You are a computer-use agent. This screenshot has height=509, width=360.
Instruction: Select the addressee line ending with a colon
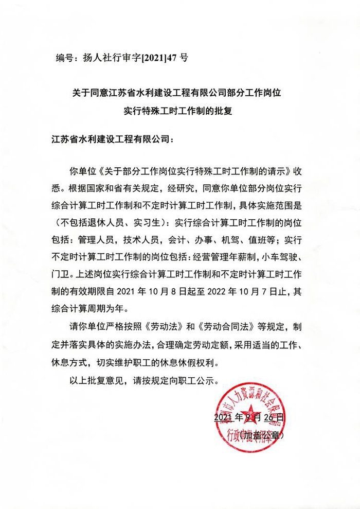[113, 139]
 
